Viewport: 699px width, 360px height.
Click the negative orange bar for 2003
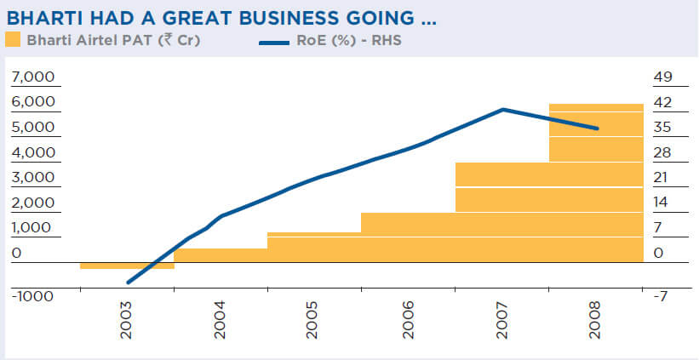127,266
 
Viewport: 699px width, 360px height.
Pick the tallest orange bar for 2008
595,183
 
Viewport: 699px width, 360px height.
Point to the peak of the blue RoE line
503,109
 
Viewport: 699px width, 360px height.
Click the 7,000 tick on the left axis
32,77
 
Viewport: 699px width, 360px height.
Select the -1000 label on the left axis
32,296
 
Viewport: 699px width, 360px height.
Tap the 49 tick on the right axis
663,77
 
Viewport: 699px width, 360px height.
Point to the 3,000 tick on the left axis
32,178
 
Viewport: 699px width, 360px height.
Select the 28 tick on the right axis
663,153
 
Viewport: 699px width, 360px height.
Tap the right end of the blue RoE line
598,129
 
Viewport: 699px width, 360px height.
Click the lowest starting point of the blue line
127,283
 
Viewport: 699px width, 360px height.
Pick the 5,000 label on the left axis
32,128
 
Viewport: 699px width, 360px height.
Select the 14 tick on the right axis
663,203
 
